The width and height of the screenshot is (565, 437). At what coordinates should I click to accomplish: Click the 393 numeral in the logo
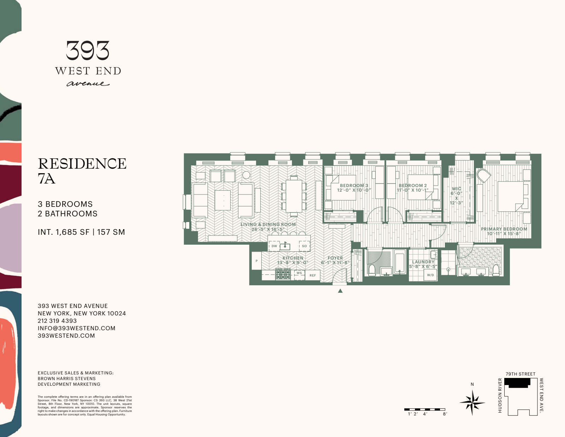click(88, 51)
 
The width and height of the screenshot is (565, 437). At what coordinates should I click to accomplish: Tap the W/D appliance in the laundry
click(430, 275)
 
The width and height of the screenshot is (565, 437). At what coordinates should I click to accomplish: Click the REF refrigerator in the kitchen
click(313, 275)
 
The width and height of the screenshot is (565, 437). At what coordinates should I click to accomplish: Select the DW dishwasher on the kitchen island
click(274, 246)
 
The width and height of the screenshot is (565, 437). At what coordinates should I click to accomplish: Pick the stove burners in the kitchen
click(283, 274)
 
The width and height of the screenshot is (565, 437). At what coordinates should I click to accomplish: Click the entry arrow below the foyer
click(340, 291)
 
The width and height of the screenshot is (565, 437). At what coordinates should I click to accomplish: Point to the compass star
click(472, 402)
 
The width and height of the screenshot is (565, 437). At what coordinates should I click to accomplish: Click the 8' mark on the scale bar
click(445, 414)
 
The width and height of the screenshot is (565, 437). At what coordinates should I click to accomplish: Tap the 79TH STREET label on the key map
click(520, 374)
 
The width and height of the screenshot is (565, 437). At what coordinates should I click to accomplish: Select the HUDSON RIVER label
click(500, 395)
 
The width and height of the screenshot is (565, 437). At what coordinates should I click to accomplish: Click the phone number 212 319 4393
click(57, 321)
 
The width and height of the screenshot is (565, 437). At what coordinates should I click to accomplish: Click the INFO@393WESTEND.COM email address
click(77, 328)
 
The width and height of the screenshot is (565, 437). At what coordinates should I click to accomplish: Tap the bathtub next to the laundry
click(399, 262)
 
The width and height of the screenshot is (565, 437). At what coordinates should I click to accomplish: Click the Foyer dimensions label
click(335, 263)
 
